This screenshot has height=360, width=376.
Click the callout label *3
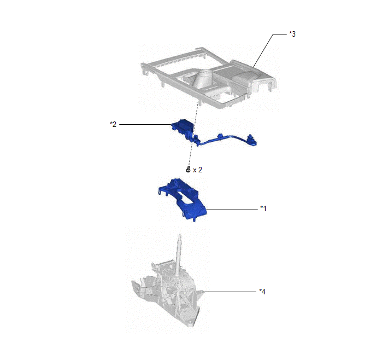pyautogui.click(x=292, y=34)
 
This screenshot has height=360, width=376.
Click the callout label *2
pyautogui.click(x=113, y=124)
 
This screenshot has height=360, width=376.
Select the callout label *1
pyautogui.click(x=263, y=208)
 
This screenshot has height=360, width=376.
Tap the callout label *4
pyautogui.click(x=262, y=292)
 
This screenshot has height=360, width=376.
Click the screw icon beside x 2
pyautogui.click(x=188, y=170)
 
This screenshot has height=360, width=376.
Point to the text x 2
pyautogui.click(x=197, y=170)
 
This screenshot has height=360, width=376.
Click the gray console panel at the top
pyautogui.click(x=208, y=77)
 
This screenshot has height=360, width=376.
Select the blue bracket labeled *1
pyautogui.click(x=182, y=199)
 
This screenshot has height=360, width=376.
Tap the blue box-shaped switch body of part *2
pyautogui.click(x=183, y=127)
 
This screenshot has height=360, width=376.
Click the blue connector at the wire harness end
pyautogui.click(x=251, y=140)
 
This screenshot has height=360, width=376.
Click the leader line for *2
pyautogui.click(x=145, y=124)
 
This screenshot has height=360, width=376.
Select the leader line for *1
pyautogui.click(x=232, y=210)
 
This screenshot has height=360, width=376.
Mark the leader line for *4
pyautogui.click(x=230, y=292)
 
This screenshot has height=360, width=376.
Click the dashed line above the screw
pyautogui.click(x=193, y=134)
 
